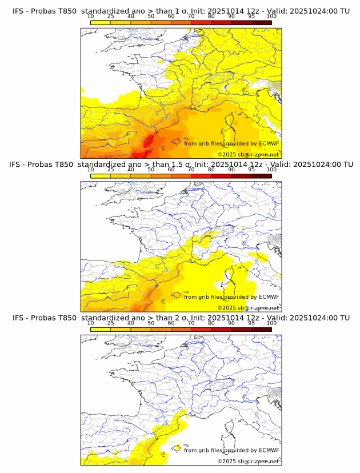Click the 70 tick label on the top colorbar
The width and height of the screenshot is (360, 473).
(191, 16)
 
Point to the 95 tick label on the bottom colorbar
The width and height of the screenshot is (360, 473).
(251, 323)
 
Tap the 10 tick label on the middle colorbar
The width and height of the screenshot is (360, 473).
(90, 170)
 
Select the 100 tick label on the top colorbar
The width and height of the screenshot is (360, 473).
(271, 16)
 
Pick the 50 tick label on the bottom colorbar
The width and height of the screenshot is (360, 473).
(151, 323)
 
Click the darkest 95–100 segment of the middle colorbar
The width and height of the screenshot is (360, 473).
(262, 175)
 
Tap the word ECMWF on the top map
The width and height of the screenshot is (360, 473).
(269, 143)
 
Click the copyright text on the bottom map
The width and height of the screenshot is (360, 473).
(248, 461)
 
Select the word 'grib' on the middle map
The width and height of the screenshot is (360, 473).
(205, 297)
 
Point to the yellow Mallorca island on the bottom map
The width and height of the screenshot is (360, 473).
(178, 448)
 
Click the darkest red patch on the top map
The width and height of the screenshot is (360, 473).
(139, 153)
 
